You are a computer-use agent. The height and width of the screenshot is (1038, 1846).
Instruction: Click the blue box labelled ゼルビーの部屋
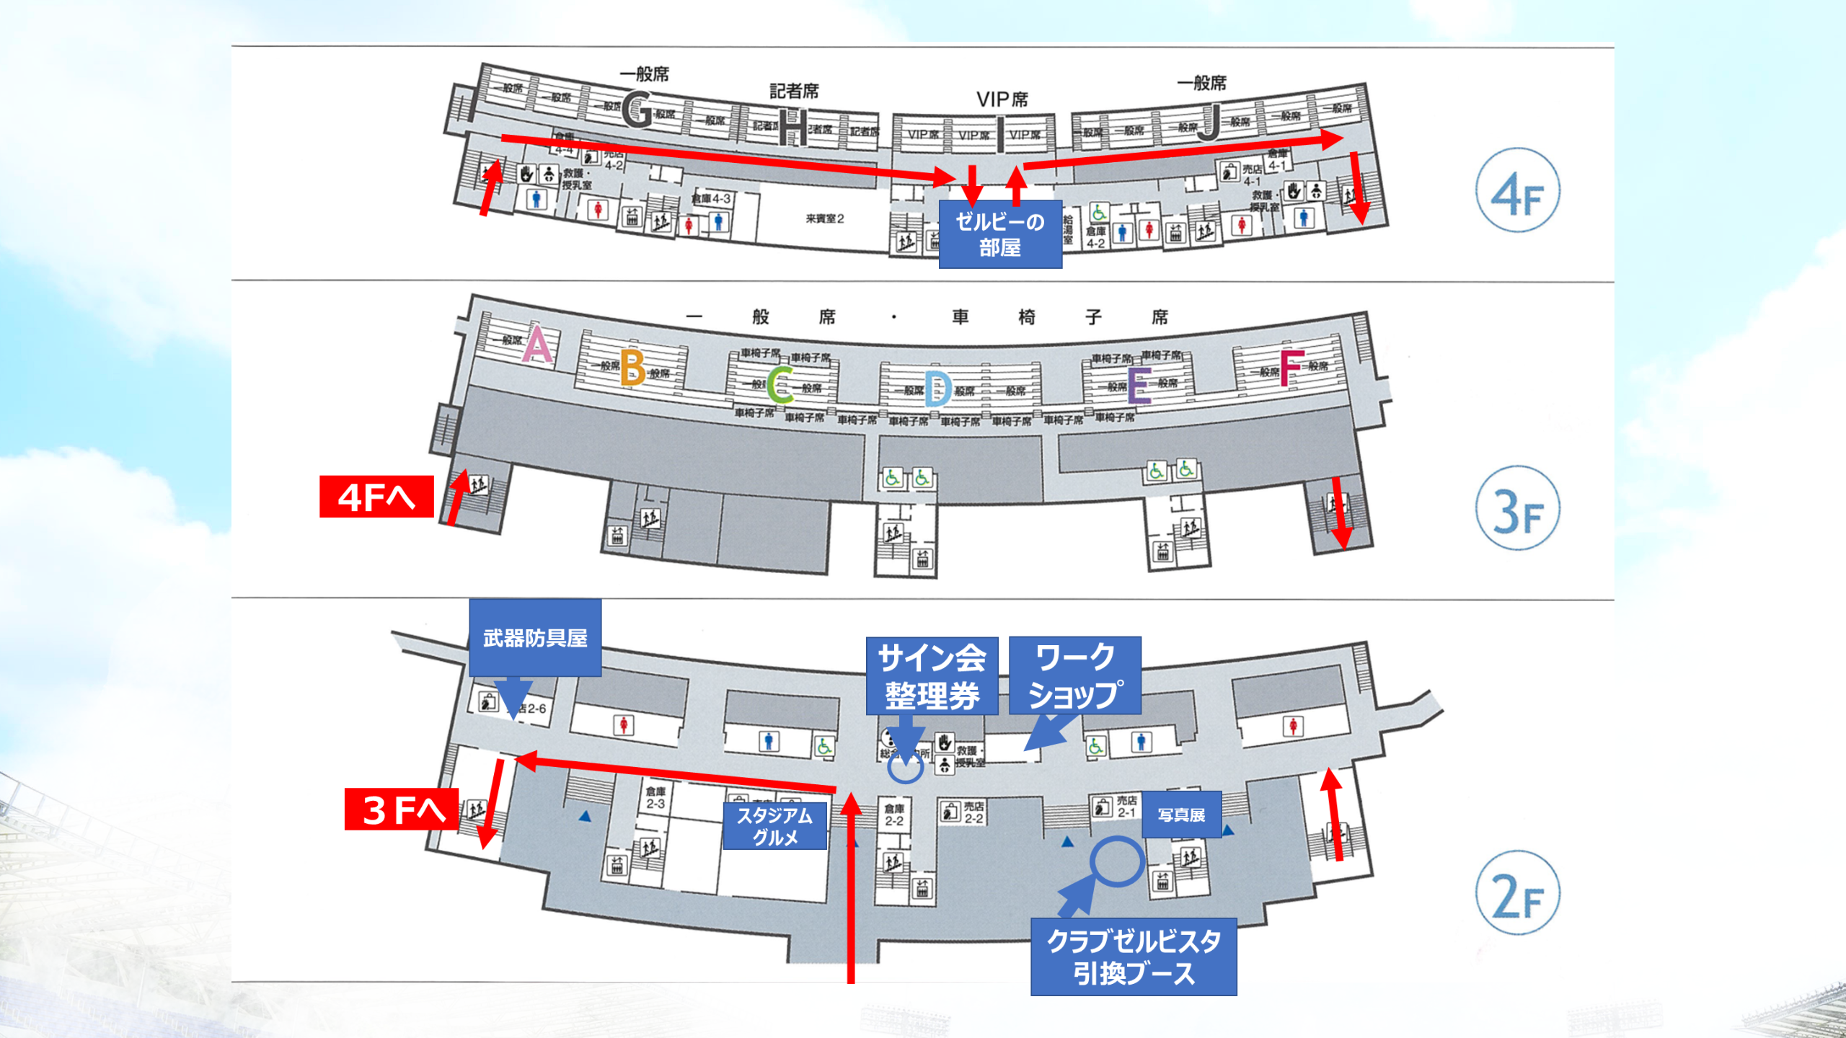point(999,234)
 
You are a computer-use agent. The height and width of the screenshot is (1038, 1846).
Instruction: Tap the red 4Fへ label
point(376,497)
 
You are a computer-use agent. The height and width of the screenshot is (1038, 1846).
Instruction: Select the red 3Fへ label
point(402,809)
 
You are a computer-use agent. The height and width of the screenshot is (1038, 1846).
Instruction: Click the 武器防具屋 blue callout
point(535,638)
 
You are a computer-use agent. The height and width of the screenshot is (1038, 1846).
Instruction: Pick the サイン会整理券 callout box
point(932,676)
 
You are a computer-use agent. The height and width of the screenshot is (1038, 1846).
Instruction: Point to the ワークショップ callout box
point(1074,676)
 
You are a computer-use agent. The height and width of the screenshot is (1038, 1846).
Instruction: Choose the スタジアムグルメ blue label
point(774,826)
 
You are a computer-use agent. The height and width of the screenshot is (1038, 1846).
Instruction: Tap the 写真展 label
point(1181,815)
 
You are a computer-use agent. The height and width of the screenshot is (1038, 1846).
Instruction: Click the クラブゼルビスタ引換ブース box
point(1134,957)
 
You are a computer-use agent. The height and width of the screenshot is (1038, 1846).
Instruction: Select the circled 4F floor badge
point(1517,191)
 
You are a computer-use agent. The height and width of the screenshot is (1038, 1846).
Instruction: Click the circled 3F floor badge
point(1517,508)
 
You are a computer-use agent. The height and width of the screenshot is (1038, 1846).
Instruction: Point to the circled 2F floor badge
point(1517,893)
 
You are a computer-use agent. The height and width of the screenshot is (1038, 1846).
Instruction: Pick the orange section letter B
point(632,368)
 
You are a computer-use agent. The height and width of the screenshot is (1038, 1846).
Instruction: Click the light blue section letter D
point(937,389)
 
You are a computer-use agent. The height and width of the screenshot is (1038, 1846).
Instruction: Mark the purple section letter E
point(1139,385)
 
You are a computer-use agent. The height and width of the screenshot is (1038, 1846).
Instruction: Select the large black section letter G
point(637,110)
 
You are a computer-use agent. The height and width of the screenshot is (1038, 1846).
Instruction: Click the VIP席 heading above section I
point(1002,99)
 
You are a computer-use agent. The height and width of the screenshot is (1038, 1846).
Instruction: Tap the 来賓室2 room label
point(824,218)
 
